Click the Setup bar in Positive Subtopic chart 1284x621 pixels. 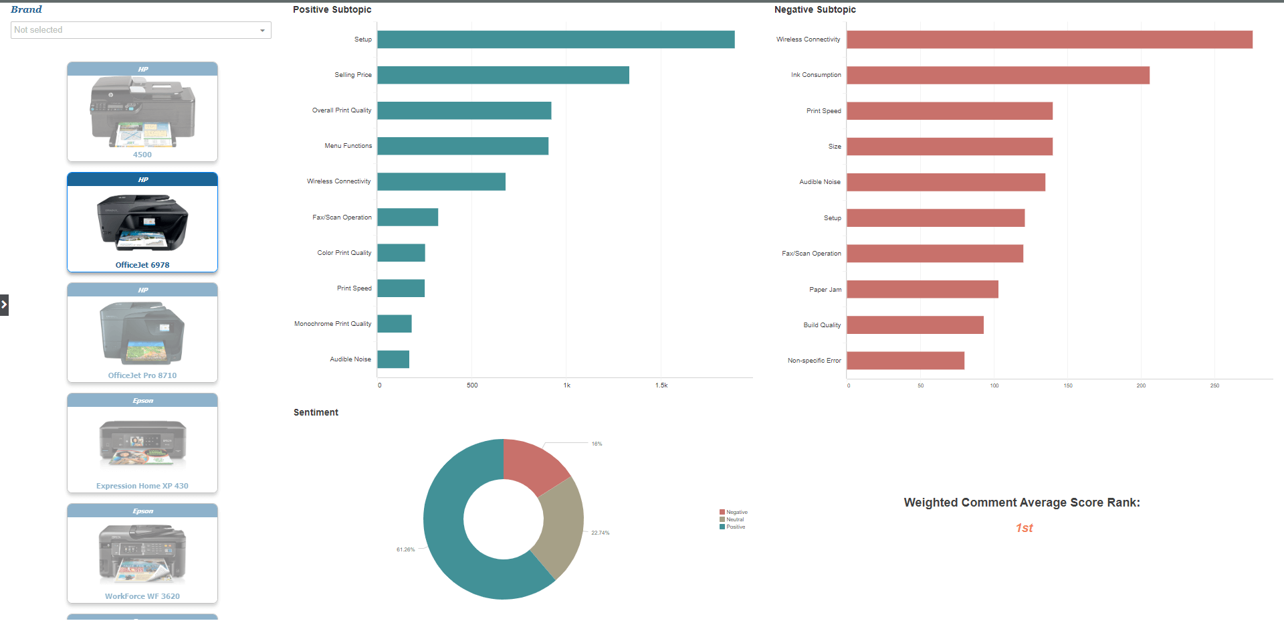pos(555,39)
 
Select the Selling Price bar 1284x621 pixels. pos(503,75)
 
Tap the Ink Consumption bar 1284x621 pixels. pos(998,75)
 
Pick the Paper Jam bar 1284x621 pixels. pos(922,289)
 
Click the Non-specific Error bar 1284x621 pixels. pos(905,361)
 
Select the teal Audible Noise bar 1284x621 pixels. pos(393,359)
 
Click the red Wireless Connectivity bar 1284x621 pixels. pos(1049,39)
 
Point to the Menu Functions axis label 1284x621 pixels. pos(348,146)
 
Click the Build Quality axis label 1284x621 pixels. pos(822,325)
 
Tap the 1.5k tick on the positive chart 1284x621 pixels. pos(661,385)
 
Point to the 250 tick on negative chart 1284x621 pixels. pos(1214,385)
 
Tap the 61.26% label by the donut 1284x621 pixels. pos(405,550)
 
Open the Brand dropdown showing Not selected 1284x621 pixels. pos(140,30)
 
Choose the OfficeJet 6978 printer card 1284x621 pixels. pos(142,223)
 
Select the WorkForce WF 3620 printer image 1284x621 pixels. pos(142,553)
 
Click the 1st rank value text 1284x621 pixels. pos(1024,528)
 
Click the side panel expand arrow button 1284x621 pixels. pos(4,304)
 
